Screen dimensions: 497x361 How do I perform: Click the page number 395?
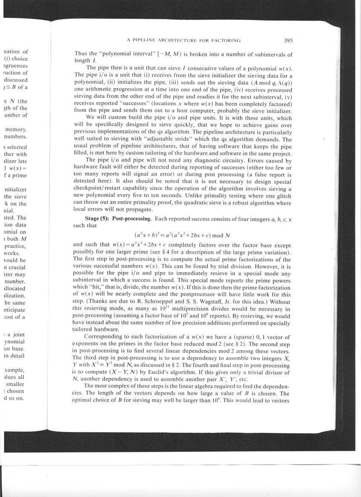[288, 41]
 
